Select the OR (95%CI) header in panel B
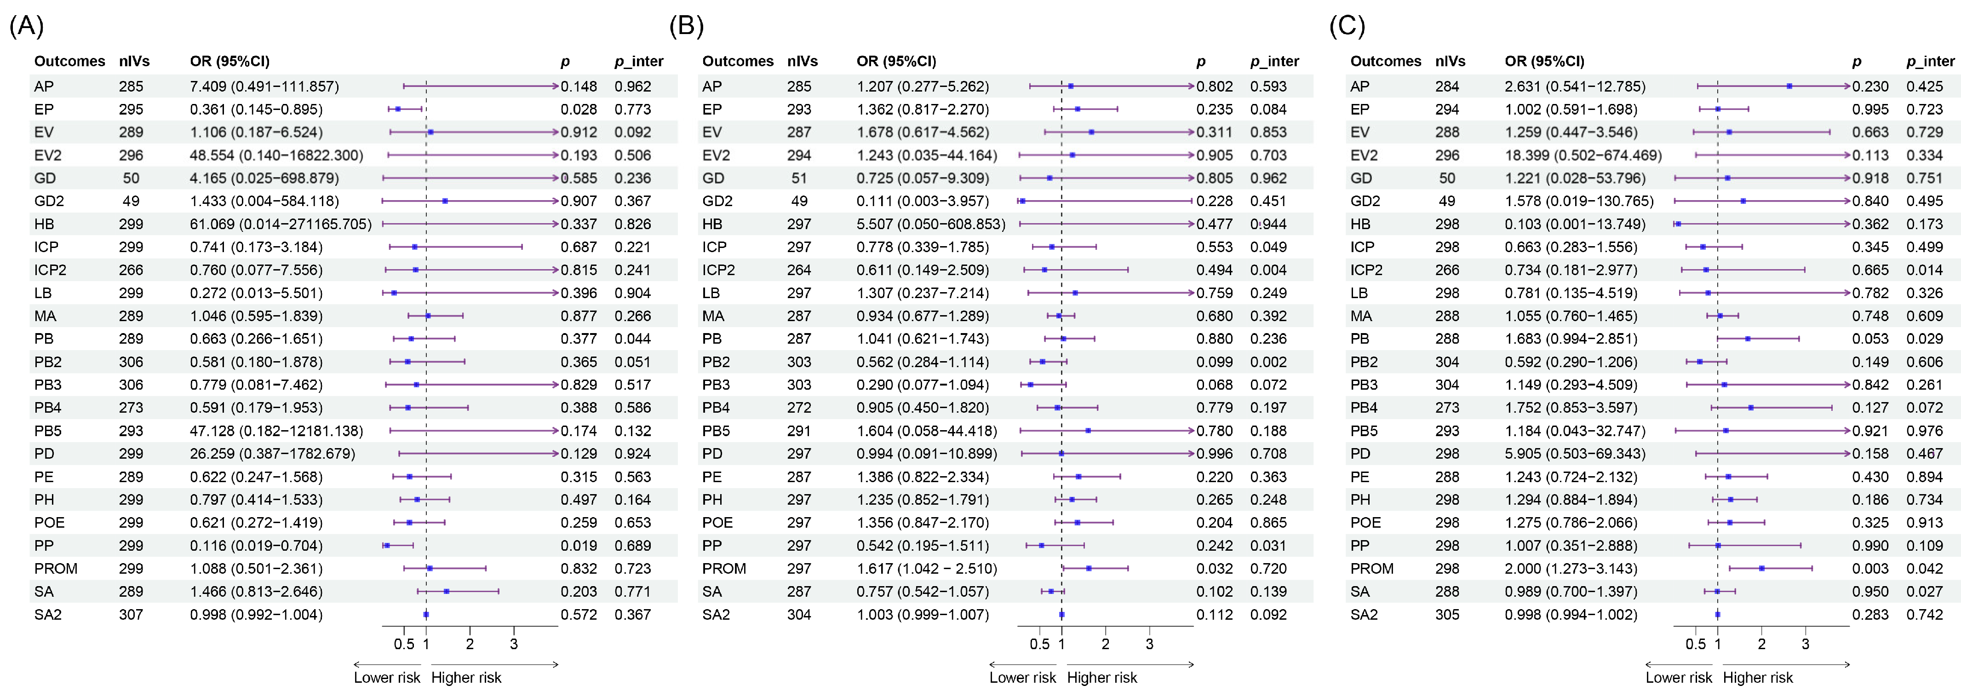point(896,61)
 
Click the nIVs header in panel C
point(1450,61)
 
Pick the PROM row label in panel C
point(1372,568)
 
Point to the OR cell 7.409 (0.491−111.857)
point(264,86)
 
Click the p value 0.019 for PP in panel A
point(579,546)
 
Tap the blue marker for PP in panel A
point(387,546)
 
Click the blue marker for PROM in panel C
point(1761,568)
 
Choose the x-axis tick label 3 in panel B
point(1149,644)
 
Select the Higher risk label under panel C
point(1758,677)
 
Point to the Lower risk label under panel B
point(1022,677)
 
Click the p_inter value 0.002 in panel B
point(1268,362)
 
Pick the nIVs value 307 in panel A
point(131,614)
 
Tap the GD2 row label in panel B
point(717,201)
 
